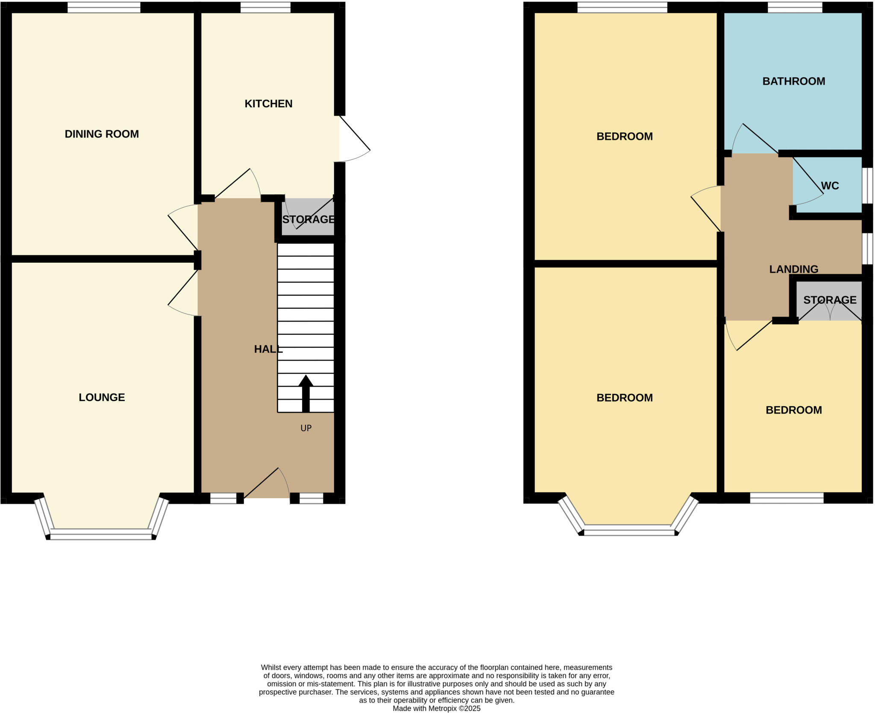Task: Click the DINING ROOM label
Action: tap(102, 134)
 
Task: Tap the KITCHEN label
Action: tap(268, 104)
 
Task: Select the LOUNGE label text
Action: tap(102, 397)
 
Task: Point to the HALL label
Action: tap(268, 349)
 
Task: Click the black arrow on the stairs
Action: tap(305, 393)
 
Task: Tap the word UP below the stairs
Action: tap(306, 428)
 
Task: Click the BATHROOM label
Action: tap(793, 81)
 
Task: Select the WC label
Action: tap(830, 186)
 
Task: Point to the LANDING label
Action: tap(793, 269)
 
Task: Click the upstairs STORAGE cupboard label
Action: tap(830, 300)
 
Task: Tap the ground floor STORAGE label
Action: tap(308, 220)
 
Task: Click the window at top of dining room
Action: tap(104, 7)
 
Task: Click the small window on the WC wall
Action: tap(867, 185)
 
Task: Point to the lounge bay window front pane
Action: tap(101, 534)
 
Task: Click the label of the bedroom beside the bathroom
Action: tap(624, 137)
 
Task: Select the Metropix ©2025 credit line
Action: tap(436, 708)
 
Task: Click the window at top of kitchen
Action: tap(265, 7)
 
